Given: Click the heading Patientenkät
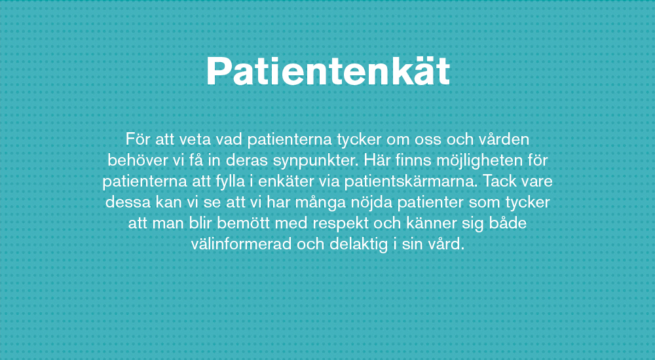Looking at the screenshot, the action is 328,71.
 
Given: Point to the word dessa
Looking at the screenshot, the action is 128,202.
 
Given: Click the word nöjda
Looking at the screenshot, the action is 371,202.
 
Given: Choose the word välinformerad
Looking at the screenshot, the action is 241,243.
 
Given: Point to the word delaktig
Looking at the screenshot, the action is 359,244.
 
